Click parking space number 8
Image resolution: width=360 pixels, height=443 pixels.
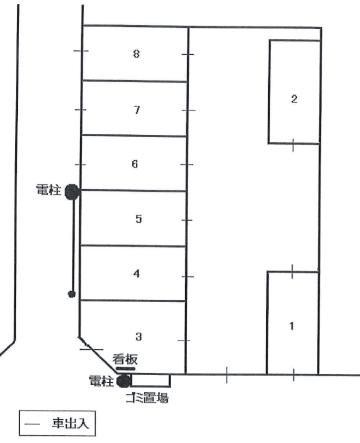(x=136, y=54)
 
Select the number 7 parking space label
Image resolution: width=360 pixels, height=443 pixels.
(x=137, y=110)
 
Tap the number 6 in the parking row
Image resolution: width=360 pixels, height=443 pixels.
(x=135, y=164)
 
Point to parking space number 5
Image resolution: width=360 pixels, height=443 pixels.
(x=138, y=219)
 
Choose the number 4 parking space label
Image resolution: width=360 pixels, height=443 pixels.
(x=136, y=273)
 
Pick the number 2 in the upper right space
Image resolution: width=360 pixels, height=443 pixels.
(x=294, y=99)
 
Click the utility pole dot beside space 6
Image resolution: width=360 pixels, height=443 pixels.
(x=72, y=192)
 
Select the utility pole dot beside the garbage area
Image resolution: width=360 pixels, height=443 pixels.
(x=123, y=381)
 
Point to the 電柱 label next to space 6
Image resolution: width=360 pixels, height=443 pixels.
(x=48, y=192)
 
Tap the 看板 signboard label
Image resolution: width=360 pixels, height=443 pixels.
(x=124, y=359)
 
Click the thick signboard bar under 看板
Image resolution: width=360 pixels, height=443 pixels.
(x=126, y=369)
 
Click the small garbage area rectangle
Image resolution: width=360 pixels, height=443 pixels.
(x=151, y=380)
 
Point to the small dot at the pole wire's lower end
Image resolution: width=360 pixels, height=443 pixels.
(x=72, y=294)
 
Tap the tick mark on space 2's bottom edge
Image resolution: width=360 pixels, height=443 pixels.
(x=294, y=144)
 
